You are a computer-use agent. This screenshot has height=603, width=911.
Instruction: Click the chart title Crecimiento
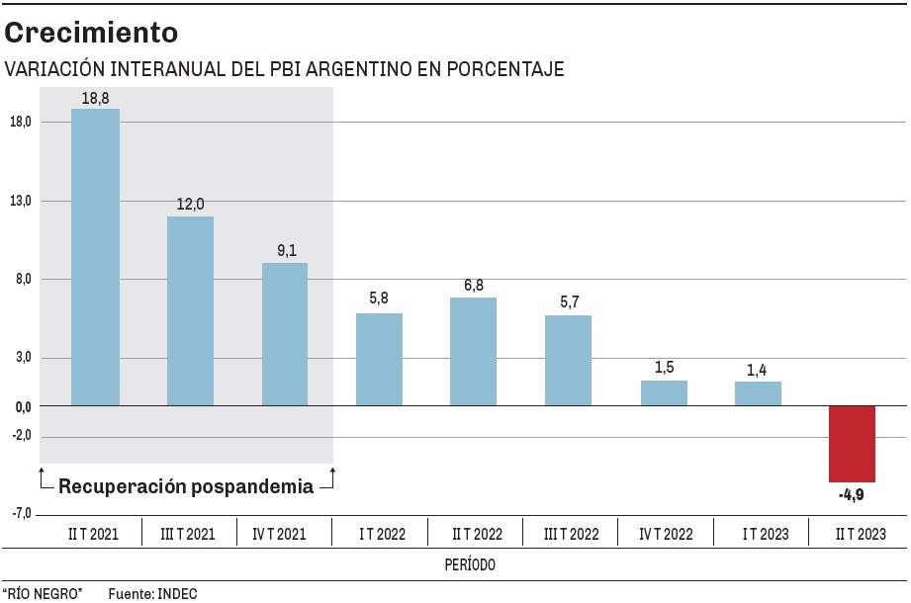click(91, 33)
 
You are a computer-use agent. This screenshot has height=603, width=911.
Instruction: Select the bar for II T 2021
click(95, 257)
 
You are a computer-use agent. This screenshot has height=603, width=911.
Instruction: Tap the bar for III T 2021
click(190, 310)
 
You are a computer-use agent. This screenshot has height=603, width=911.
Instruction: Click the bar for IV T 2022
click(664, 392)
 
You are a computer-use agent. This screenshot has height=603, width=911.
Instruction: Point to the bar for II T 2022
click(473, 351)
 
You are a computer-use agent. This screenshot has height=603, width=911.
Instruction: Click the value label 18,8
click(95, 97)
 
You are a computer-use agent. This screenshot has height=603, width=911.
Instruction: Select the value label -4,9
click(851, 494)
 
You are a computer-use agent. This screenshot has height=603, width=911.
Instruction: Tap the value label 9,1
click(285, 251)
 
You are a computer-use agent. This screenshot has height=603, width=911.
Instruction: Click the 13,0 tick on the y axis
click(20, 201)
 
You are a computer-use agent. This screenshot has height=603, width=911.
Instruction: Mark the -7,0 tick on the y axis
click(20, 514)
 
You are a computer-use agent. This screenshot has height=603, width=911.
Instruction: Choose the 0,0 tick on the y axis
click(20, 406)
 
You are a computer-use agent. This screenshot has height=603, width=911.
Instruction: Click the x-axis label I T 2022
click(381, 534)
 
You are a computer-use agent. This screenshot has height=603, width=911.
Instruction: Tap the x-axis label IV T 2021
click(285, 534)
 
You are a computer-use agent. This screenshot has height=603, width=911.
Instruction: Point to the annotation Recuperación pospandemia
click(186, 486)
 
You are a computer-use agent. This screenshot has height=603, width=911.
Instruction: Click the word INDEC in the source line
click(178, 593)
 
